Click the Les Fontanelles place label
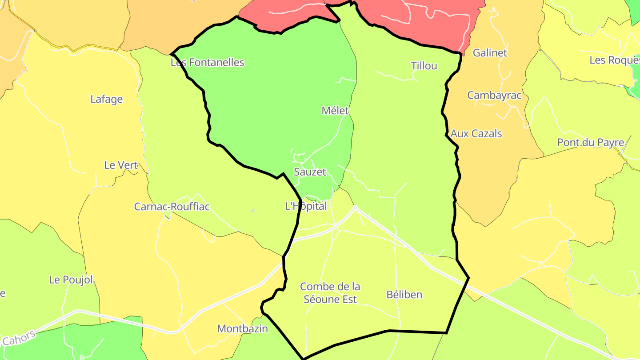coord(208,63)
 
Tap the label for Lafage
coord(107,99)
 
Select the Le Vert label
coord(120,165)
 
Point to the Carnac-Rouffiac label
coord(172,207)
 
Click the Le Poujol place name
coord(71,280)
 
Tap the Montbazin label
coord(243,329)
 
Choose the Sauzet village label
coord(310,172)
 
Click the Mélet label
coord(336,111)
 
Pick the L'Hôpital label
coord(306,206)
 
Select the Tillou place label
coord(424,66)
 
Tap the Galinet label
coord(490,53)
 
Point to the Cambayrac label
coord(494,96)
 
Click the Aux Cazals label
coord(476,134)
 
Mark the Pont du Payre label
coord(591,143)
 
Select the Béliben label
coord(404,295)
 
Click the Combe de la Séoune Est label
coord(330,293)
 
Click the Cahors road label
coord(19,339)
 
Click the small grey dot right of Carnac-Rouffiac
coord(253,210)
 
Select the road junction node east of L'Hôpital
coord(355,207)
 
